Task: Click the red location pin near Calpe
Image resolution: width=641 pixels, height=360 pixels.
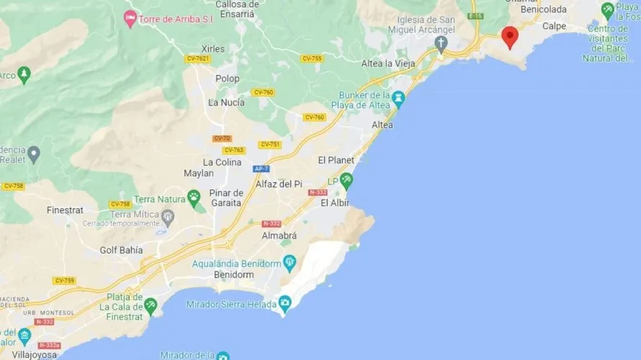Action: coord(510,36)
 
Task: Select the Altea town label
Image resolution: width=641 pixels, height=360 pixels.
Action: coord(382,125)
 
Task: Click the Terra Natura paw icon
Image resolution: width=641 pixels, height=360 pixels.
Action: coord(194,196)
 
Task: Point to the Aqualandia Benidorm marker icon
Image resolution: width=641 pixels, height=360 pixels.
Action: coord(290,261)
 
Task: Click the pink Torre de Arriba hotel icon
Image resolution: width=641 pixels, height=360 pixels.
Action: coord(130,17)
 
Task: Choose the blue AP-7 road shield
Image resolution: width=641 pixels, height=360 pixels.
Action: coord(261,168)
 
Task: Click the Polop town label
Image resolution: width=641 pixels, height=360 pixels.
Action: coord(228,78)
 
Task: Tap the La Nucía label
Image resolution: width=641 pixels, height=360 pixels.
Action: coord(226,102)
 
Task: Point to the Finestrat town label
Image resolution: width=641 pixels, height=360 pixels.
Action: coord(66,210)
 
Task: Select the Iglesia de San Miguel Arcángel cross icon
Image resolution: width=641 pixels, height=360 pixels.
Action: coord(441,43)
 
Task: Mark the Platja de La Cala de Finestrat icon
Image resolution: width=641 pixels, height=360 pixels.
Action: coord(151,305)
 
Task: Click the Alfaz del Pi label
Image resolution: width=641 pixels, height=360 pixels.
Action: coord(279,184)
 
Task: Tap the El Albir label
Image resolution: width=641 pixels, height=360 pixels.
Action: coord(335,203)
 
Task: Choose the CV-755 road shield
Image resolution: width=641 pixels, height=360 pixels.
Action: coord(312,59)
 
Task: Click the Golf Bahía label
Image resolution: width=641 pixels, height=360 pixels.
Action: coord(121,250)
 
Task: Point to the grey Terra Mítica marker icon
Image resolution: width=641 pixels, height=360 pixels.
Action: coord(168,215)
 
